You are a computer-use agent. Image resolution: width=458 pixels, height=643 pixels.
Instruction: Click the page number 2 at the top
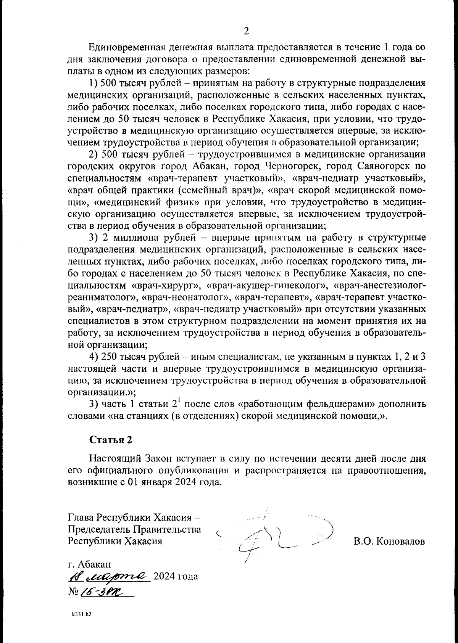246,31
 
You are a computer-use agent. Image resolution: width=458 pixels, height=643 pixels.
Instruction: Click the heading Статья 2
111,439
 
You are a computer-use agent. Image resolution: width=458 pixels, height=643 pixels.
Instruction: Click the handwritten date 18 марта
109,575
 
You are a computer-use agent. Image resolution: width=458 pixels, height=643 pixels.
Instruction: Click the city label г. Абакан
90,564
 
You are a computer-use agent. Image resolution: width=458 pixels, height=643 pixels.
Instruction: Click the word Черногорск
286,167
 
